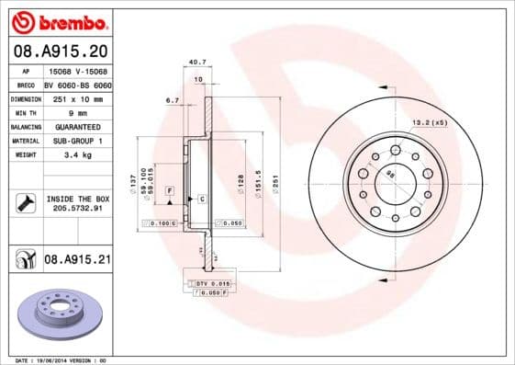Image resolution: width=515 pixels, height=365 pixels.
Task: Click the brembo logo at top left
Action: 58,20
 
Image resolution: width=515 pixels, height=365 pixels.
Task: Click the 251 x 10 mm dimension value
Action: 77,97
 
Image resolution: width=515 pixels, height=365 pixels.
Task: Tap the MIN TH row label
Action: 26,111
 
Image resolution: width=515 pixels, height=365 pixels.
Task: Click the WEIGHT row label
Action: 26,155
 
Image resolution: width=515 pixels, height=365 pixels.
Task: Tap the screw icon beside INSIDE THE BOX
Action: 25,203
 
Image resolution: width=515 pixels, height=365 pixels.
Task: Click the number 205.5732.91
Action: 77,209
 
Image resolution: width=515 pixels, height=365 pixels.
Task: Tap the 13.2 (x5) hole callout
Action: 429,121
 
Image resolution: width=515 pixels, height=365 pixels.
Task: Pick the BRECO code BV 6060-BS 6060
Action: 77,83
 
